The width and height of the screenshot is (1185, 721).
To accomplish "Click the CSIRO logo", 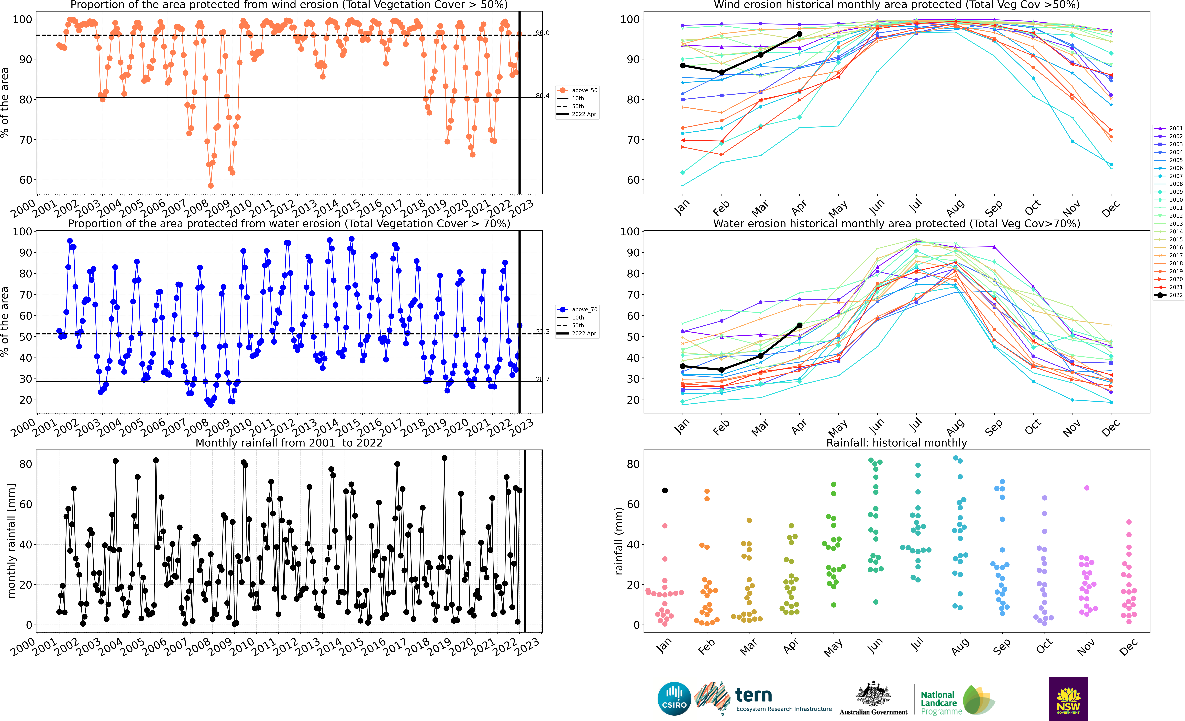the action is coord(674,698).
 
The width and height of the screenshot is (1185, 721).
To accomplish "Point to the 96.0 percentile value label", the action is coord(542,33).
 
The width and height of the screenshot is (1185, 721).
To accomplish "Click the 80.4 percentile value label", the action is coord(542,95).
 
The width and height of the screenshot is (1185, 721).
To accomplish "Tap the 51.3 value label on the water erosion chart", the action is coord(542,332).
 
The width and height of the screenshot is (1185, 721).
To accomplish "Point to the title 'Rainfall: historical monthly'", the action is coord(896,443).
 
